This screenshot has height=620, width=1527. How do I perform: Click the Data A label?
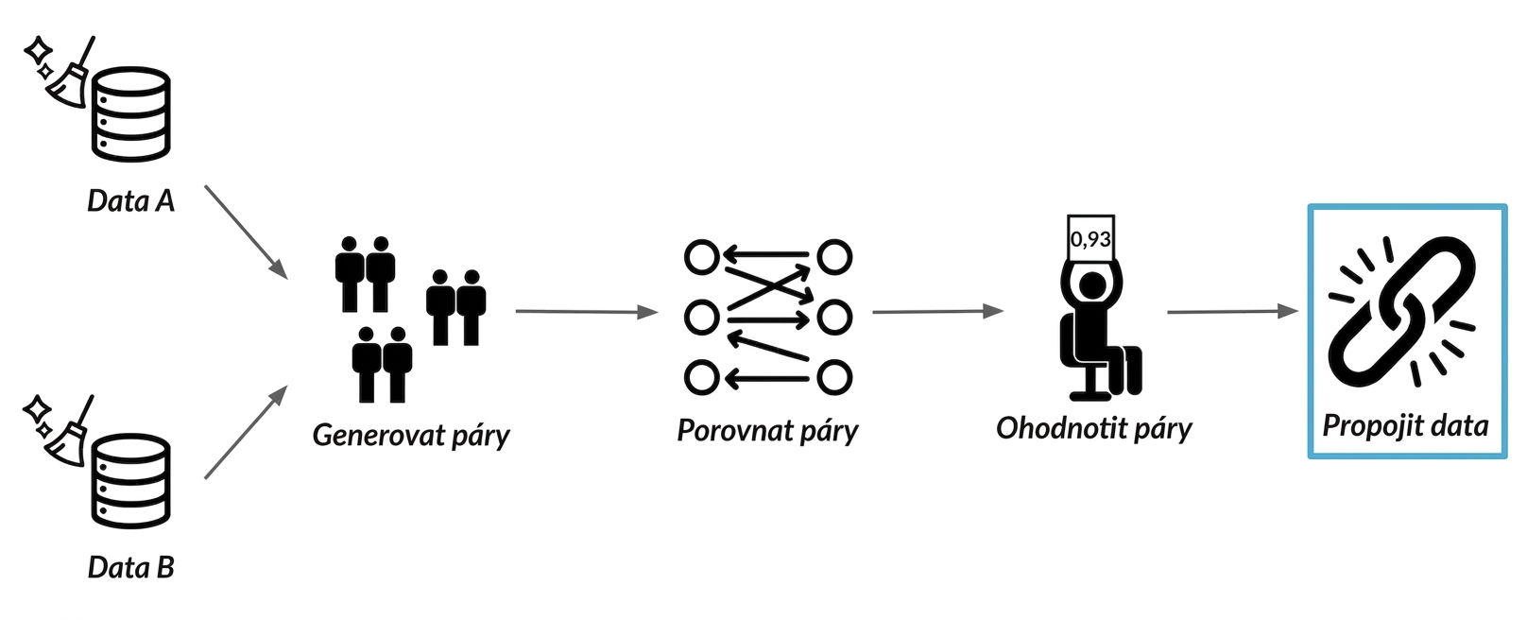[131, 201]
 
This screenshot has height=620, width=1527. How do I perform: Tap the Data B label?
[131, 567]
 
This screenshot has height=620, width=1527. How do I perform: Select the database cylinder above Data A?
[131, 114]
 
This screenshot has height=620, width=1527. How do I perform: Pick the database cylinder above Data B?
[131, 481]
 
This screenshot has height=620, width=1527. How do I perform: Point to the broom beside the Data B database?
[69, 433]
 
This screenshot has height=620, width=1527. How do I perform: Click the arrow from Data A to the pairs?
[246, 232]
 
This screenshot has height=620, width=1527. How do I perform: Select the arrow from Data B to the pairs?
[246, 432]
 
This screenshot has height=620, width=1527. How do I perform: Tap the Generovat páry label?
[411, 435]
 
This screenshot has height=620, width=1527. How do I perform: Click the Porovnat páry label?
[767, 430]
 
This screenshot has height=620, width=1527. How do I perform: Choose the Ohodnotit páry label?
[1094, 428]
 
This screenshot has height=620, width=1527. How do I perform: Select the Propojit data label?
[1406, 425]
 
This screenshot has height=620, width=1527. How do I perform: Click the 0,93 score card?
[1090, 238]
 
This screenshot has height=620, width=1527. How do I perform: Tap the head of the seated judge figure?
[1092, 285]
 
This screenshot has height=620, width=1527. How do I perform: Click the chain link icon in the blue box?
[1403, 312]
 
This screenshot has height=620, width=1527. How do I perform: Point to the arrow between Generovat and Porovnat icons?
[587, 312]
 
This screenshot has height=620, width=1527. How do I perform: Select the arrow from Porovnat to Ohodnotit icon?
[938, 312]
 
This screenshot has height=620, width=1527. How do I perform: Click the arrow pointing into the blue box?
[1232, 312]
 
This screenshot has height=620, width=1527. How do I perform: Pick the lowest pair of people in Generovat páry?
[382, 364]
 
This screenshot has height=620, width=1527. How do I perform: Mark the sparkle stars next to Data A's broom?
[39, 57]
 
